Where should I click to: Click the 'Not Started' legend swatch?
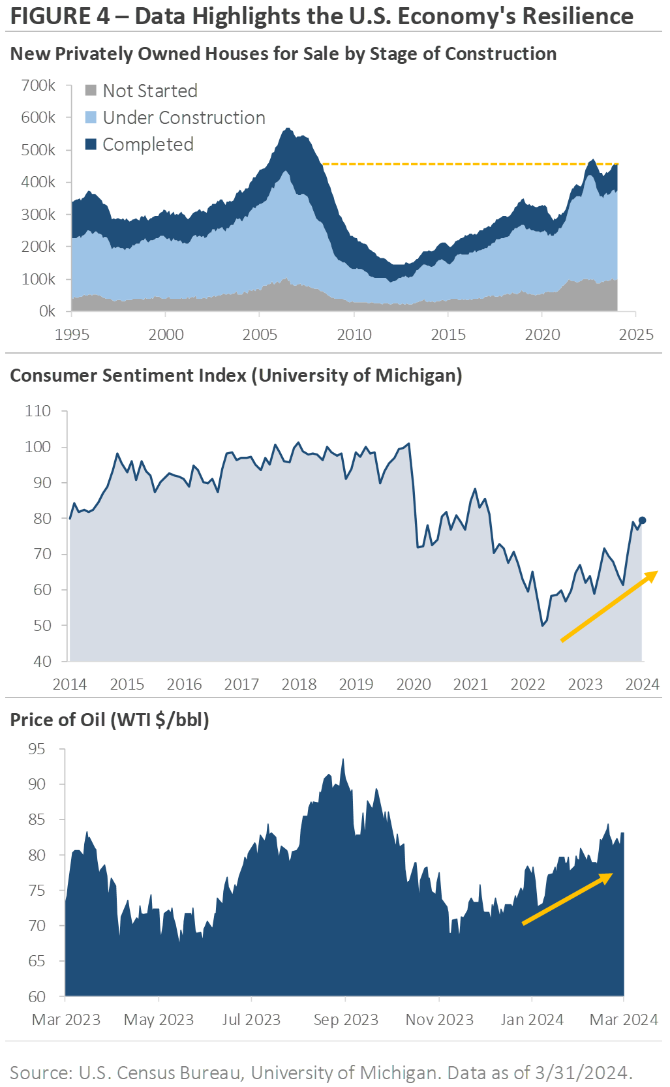[91, 90]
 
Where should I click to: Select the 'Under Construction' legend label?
[184, 117]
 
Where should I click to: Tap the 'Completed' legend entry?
[147, 144]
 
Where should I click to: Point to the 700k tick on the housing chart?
[38, 85]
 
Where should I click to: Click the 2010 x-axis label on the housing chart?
[354, 335]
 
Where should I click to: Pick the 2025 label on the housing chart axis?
[636, 335]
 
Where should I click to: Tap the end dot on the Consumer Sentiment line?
[642, 520]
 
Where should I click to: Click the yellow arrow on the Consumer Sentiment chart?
[609, 606]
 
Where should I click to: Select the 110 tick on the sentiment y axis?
[38, 411]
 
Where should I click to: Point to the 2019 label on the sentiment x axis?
[356, 684]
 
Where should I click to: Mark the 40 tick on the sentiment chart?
[42, 662]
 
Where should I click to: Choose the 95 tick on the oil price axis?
[37, 749]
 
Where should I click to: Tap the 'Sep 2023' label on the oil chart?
[346, 1020]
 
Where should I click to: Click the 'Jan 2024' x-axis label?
[532, 1020]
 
